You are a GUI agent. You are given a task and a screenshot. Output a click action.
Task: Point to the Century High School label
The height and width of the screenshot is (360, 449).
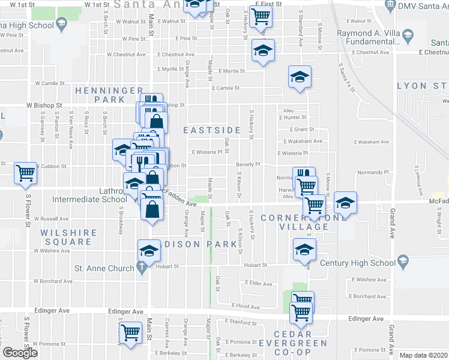357,263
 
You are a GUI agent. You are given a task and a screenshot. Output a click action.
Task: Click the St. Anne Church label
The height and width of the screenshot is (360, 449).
104,268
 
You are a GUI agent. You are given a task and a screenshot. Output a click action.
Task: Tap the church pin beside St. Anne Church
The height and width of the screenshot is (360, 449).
142,268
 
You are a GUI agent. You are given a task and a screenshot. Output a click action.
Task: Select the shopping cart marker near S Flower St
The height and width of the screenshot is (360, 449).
26,173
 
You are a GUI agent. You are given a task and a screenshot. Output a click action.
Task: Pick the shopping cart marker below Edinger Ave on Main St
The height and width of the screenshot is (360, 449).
130,333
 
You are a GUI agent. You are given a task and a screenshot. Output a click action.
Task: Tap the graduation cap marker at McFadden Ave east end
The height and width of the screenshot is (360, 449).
345,203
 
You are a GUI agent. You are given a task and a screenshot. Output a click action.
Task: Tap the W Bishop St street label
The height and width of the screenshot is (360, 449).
44,105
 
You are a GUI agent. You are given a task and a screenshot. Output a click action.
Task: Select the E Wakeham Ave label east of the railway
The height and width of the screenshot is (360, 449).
371,142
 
